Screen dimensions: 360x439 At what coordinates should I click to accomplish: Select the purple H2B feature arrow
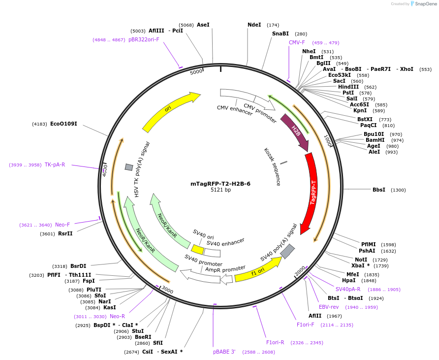(295, 131)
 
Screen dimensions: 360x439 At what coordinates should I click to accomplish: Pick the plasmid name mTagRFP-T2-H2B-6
(220, 184)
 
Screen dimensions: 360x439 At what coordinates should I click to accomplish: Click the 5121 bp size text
(220, 190)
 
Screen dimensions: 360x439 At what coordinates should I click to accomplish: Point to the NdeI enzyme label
(254, 25)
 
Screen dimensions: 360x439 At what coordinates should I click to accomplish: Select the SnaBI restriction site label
(281, 34)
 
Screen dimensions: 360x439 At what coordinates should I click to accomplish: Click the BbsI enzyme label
(379, 190)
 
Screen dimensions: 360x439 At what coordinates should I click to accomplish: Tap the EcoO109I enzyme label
(63, 124)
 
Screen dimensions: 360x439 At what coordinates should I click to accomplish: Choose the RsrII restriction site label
(65, 233)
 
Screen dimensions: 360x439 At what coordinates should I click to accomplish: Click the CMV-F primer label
(297, 42)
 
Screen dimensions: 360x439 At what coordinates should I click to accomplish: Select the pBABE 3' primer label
(224, 352)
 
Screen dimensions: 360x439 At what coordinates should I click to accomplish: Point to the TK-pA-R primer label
(55, 164)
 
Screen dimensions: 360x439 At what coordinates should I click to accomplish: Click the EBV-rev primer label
(329, 307)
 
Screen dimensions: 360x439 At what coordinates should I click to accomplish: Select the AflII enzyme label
(315, 316)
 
